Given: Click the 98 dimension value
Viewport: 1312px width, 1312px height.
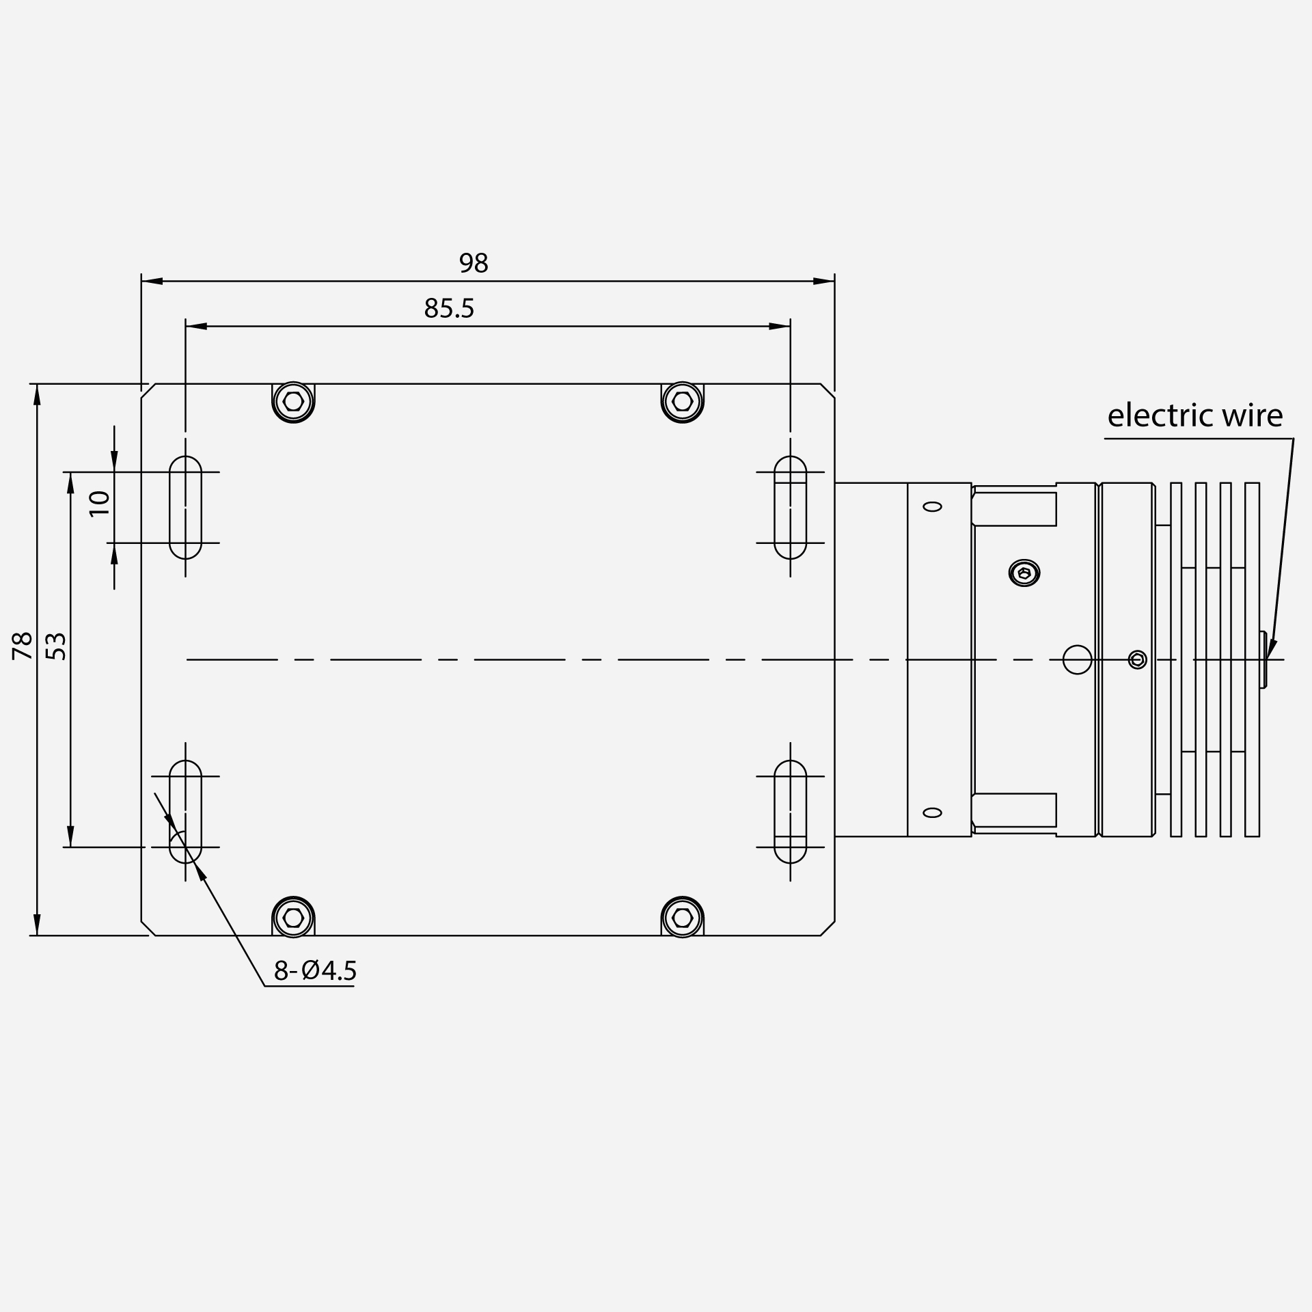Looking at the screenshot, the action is pos(474,263).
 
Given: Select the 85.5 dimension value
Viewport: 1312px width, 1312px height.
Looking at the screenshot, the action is pos(449,309).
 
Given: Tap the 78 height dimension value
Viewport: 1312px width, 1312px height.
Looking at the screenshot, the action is pos(23,646).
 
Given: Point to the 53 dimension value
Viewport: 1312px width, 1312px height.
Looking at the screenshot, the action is pos(58,646).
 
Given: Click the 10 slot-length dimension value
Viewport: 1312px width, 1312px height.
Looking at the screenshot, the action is pos(100,504).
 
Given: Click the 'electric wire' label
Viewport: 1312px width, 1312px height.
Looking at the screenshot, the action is pos(1195,415).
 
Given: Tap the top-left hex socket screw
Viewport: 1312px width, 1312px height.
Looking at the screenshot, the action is pos(293,402).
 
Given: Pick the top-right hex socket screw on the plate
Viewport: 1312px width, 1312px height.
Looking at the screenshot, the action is pos(683,402).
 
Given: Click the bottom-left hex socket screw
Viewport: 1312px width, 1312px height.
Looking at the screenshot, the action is pos(293,917).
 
